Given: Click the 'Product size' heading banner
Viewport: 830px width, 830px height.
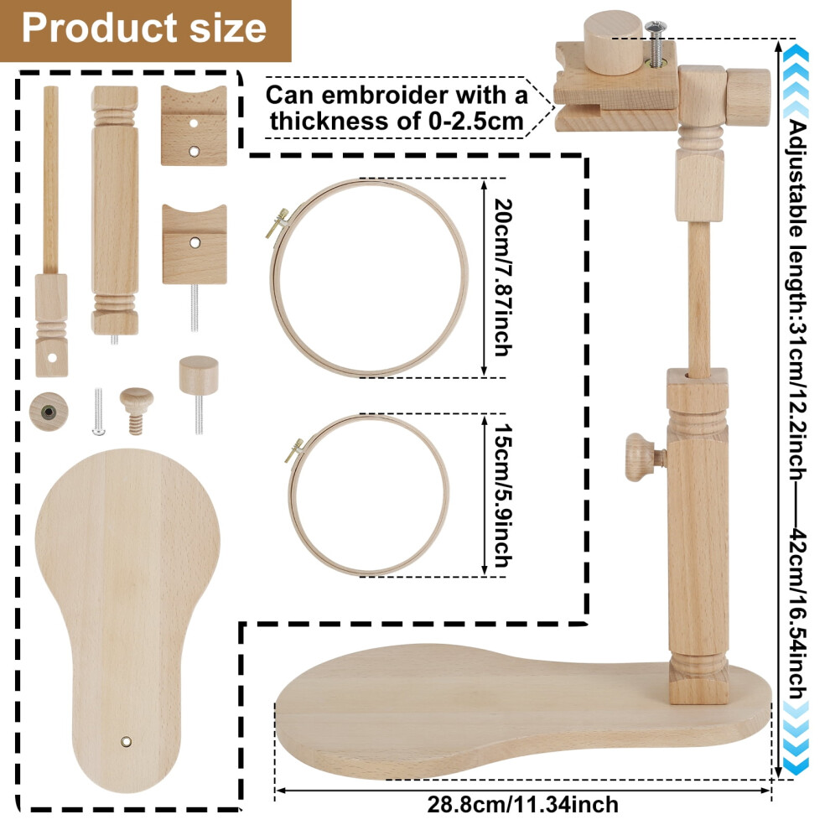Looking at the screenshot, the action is coord(145,30).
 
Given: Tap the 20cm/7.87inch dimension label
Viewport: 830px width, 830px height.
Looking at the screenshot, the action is coord(502,278).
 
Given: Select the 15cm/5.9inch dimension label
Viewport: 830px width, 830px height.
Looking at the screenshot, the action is coord(502,495).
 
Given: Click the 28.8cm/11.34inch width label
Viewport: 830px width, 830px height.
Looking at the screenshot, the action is coord(522,805).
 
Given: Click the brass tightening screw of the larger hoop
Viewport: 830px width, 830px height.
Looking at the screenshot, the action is coord(278,223).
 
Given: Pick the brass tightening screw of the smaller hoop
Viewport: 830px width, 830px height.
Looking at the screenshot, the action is coord(294,450).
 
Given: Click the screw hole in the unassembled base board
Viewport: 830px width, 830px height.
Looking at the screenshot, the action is coord(126,741).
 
